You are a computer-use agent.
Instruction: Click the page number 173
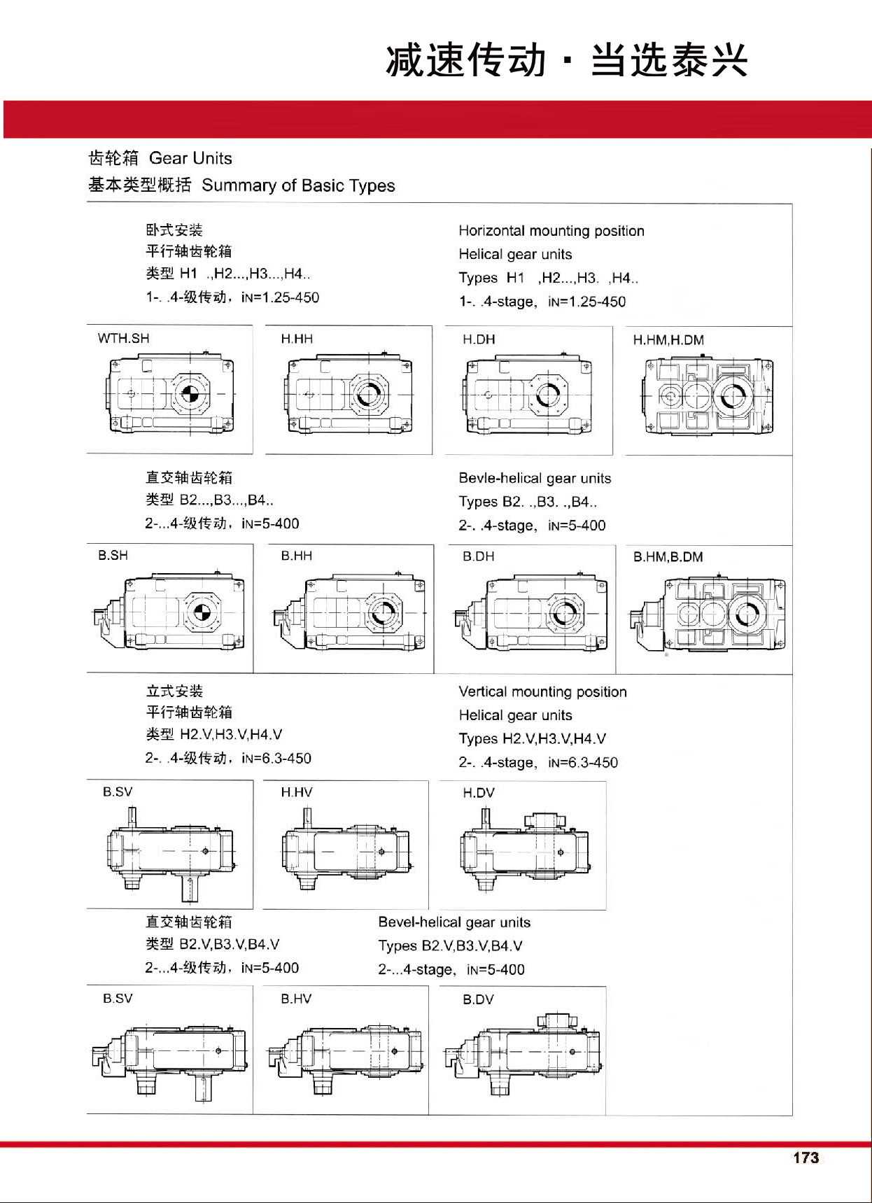pos(806,1158)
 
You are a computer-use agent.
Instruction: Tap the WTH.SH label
pos(124,339)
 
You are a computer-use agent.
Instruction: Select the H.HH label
pos(297,339)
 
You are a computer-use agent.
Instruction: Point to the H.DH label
pos(479,339)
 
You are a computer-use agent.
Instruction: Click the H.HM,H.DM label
pos(668,340)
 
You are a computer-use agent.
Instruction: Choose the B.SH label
pos(113,556)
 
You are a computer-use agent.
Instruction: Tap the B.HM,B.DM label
pos(668,557)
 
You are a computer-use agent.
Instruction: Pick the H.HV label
pos(297,792)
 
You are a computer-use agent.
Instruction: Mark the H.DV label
pos(479,793)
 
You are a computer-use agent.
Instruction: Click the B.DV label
pos(478,999)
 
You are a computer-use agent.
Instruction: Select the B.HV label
pos(297,999)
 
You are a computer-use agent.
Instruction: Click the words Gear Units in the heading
pos(190,158)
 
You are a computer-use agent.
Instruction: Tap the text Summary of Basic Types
pos(298,185)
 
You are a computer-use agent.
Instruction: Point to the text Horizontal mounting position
pos(551,231)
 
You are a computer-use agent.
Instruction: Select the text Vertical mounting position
pos(542,692)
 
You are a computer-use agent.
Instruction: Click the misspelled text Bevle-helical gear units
pos(535,479)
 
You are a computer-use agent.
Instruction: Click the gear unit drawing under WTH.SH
pos(170,394)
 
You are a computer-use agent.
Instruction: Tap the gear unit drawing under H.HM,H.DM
pos(708,395)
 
